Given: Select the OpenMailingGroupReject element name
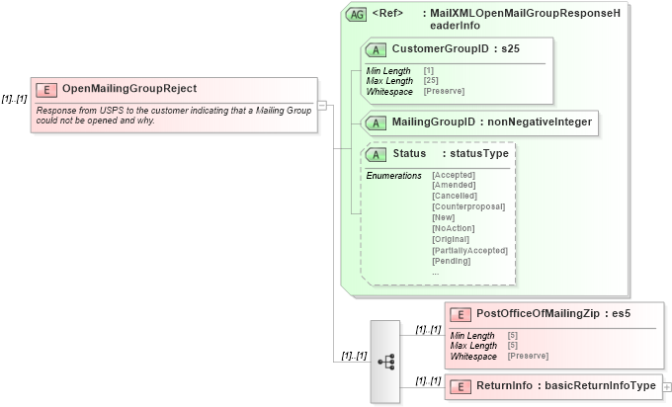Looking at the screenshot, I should pyautogui.click(x=129, y=89).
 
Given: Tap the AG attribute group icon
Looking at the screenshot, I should pyautogui.click(x=356, y=15).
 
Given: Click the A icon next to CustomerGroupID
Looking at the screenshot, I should pyautogui.click(x=376, y=49).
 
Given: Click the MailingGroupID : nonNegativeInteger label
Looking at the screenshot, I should pyautogui.click(x=491, y=122).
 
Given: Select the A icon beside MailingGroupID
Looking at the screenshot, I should pyautogui.click(x=376, y=122).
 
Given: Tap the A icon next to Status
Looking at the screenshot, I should pyautogui.click(x=376, y=155).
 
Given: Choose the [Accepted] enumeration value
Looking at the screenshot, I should pyautogui.click(x=454, y=175).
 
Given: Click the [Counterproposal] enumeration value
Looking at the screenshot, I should pyautogui.click(x=468, y=206).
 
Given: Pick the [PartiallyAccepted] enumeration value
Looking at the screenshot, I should pyautogui.click(x=470, y=250).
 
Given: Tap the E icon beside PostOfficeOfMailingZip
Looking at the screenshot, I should pyautogui.click(x=460, y=315).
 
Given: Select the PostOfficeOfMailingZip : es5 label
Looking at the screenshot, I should pyautogui.click(x=552, y=314).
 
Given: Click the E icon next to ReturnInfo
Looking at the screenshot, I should pyautogui.click(x=460, y=386).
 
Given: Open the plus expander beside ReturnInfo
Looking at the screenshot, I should pyautogui.click(x=667, y=386).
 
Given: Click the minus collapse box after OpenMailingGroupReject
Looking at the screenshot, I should pyautogui.click(x=322, y=107).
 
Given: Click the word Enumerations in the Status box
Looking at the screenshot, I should pyautogui.click(x=393, y=175).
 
